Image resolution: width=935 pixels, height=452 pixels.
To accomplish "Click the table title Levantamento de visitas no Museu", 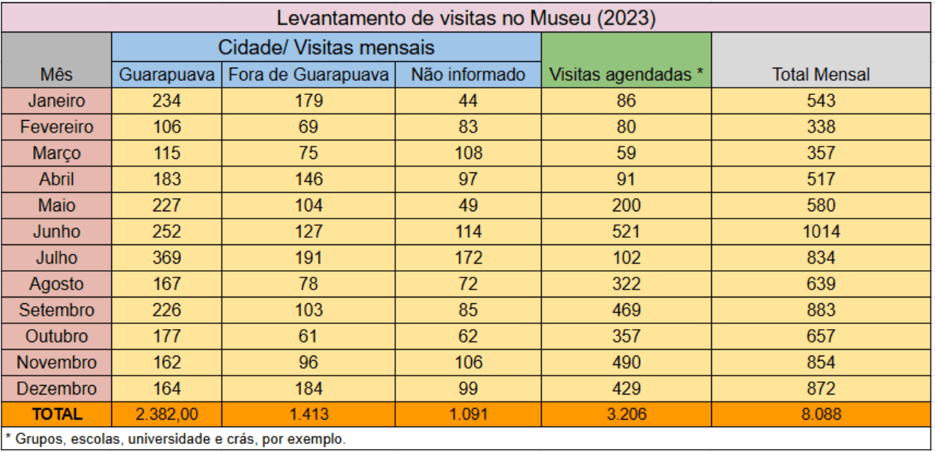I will click(466, 18).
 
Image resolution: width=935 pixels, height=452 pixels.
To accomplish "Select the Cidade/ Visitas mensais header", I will click(326, 48).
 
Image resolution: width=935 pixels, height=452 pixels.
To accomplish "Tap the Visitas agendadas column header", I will click(626, 74).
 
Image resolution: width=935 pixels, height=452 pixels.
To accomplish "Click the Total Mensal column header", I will click(821, 74).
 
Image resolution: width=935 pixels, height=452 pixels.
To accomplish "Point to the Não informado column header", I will click(467, 74).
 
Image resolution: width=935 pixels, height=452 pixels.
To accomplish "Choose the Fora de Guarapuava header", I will click(308, 74).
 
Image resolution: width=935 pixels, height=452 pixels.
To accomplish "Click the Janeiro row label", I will click(57, 101).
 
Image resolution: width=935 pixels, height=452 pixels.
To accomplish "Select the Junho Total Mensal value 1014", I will click(821, 232).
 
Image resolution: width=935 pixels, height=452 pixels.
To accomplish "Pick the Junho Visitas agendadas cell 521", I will click(626, 232).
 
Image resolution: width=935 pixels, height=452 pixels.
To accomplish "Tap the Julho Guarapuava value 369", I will click(166, 258).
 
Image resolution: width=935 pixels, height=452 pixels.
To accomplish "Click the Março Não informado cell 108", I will click(467, 153).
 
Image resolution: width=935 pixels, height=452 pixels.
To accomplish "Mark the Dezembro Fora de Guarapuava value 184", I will click(308, 388).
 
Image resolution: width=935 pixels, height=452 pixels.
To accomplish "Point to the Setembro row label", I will click(57, 310).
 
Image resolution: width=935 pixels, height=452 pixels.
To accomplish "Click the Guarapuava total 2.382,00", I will click(166, 414).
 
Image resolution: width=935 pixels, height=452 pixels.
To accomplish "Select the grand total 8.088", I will click(821, 414).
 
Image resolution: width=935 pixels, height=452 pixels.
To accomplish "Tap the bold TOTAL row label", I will click(57, 414).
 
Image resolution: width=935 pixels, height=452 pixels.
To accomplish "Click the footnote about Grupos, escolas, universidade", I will click(175, 439).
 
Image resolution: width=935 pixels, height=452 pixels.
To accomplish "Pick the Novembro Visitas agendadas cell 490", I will click(626, 362).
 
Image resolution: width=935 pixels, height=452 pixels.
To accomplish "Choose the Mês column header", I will click(57, 74).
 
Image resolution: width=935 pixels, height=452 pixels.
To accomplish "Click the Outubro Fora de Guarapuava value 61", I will click(308, 336).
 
